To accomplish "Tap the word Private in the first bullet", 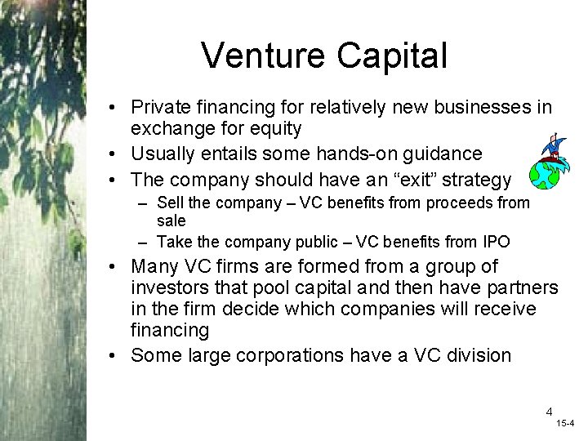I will pyautogui.click(x=162, y=108).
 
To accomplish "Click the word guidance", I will pyautogui.click(x=442, y=154).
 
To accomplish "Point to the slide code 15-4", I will pyautogui.click(x=565, y=424).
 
